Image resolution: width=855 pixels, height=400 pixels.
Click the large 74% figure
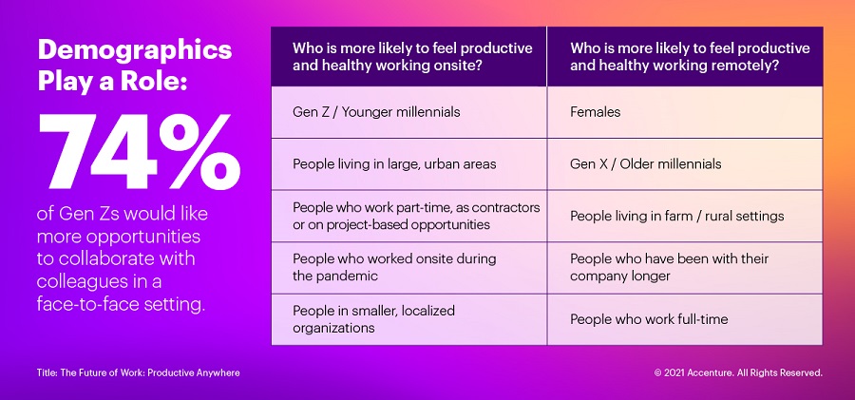[x=139, y=153]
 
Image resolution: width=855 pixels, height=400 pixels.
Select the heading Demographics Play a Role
[x=135, y=65]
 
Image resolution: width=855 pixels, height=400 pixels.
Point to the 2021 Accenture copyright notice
[x=738, y=373]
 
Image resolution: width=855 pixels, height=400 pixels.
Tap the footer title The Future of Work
[x=139, y=373]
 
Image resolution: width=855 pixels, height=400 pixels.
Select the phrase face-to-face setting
[x=121, y=304]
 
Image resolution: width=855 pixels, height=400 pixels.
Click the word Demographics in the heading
[x=135, y=50]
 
